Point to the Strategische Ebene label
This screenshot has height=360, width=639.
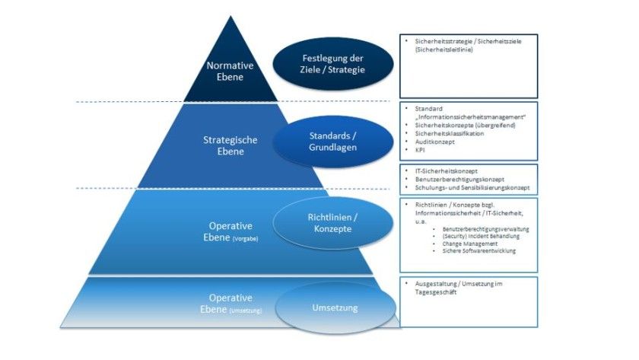[x=230, y=145]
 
